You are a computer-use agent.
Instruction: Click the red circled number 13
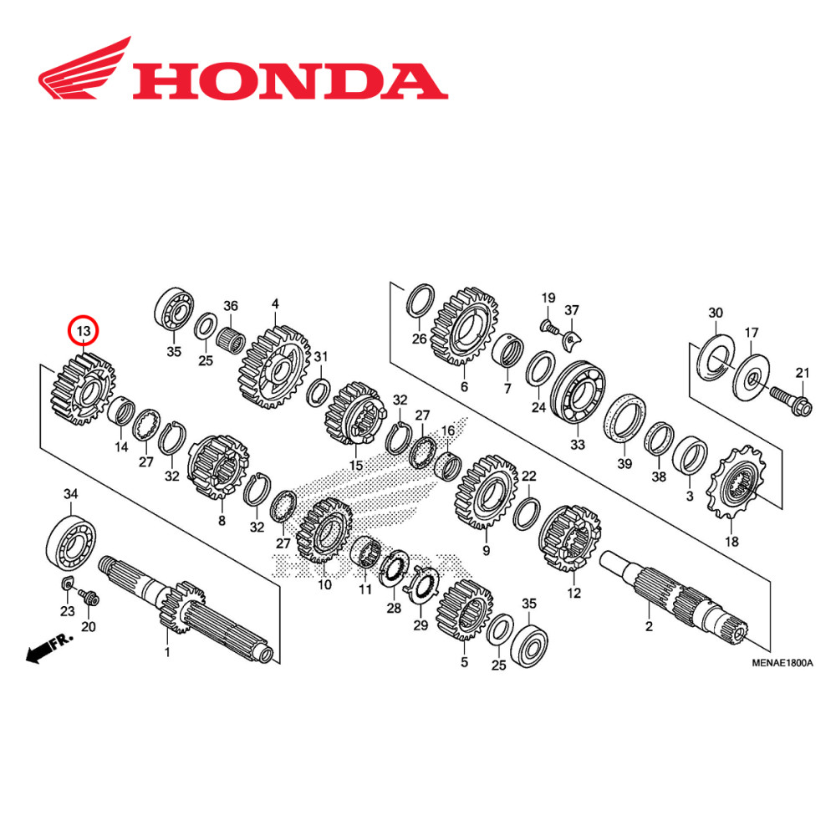point(84,332)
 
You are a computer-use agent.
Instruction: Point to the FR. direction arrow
point(48,649)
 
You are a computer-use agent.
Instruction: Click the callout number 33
point(576,445)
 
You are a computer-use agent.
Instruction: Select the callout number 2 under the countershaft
point(649,626)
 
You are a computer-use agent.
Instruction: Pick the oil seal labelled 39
point(625,416)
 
